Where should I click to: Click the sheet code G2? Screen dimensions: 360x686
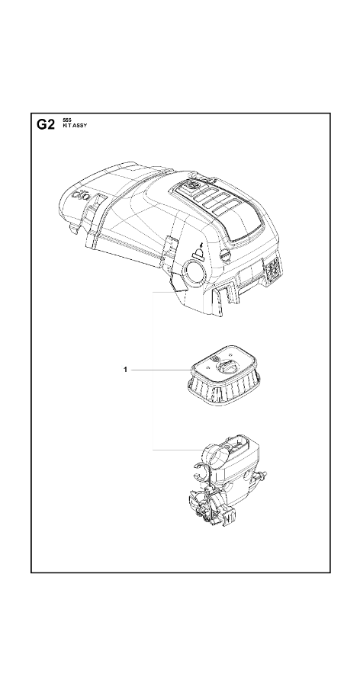click(46, 125)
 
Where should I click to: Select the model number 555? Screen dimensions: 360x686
click(66, 120)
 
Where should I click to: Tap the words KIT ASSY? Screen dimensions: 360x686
click(75, 125)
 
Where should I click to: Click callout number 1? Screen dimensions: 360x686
click(125, 370)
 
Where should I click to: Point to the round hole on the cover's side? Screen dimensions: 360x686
click(194, 273)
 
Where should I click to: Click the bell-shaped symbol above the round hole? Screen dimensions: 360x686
click(199, 251)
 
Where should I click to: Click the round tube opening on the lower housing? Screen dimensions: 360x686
click(214, 455)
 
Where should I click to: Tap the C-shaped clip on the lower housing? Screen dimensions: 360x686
click(199, 474)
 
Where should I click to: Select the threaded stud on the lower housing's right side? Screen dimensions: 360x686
click(262, 475)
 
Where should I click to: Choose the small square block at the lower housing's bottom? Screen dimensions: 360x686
click(230, 518)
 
